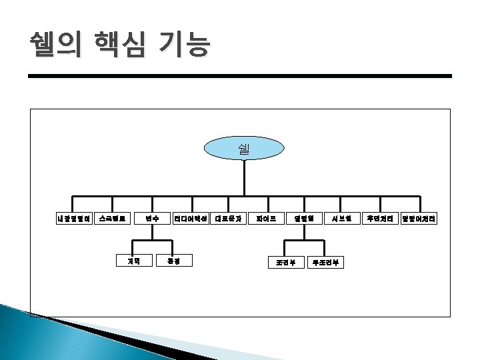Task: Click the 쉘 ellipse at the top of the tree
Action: [243, 148]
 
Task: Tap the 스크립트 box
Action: [112, 218]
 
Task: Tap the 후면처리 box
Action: [381, 218]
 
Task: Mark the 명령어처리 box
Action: [419, 218]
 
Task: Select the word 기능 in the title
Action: [183, 45]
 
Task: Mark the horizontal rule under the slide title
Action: [240, 77]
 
